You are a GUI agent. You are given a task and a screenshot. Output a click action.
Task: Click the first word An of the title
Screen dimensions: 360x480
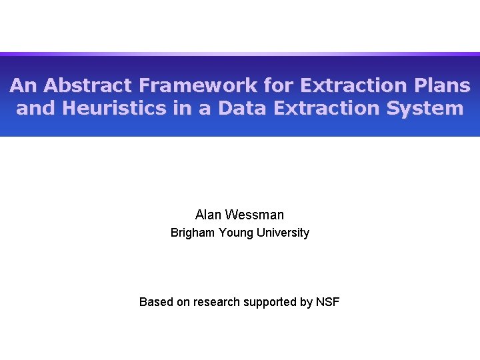21,86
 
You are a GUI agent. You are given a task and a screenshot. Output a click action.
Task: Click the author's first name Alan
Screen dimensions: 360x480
209,215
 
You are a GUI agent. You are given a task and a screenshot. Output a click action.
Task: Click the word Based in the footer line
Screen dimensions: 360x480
155,302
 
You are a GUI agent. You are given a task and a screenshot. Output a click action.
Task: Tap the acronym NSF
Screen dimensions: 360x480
327,302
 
